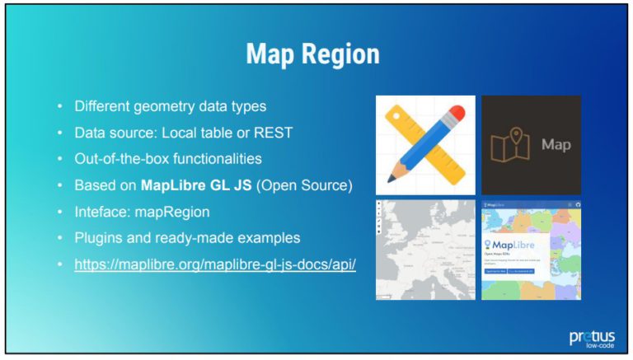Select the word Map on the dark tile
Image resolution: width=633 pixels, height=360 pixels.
click(x=556, y=145)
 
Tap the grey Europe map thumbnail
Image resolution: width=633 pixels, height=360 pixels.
click(x=425, y=248)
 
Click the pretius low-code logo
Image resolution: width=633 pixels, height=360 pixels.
click(x=591, y=338)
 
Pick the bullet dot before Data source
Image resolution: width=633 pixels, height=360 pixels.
click(x=59, y=133)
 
